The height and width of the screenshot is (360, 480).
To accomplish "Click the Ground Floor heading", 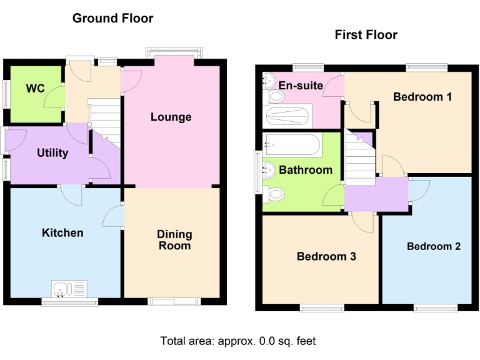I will (112, 18).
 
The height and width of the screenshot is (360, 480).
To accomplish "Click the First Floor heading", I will (366, 34).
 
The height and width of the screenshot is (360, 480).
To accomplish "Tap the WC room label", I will (35, 88).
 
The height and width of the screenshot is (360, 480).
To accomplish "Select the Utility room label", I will (52, 152).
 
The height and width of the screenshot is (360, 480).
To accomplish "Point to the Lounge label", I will (171, 117).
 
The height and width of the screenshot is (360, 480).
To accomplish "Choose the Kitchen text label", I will (62, 232).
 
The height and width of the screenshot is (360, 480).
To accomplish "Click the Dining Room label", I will (174, 240).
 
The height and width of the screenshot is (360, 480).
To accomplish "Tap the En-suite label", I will (301, 86).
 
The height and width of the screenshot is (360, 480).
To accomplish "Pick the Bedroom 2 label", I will (434, 246).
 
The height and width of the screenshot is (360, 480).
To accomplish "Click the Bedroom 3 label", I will (326, 256).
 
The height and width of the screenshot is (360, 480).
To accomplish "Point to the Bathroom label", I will (306, 169).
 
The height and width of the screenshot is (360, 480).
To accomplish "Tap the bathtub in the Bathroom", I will (292, 146).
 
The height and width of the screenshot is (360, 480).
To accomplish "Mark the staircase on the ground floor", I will (105, 116).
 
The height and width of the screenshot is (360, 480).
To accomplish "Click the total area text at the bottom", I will (238, 341).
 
